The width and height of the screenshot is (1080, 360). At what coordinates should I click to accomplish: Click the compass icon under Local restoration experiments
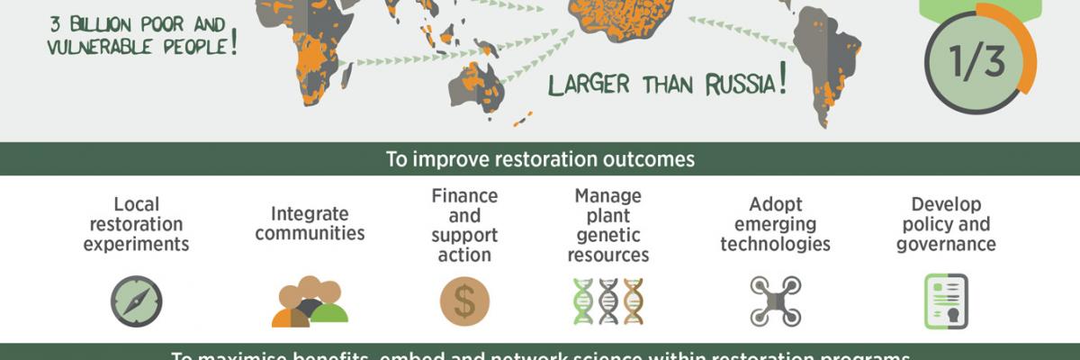[x=137, y=301]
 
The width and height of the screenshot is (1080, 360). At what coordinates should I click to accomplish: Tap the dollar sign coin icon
[x=464, y=301]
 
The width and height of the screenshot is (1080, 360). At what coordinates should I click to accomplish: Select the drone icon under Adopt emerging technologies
[x=775, y=301]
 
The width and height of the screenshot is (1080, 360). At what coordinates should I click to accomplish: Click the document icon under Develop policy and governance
[x=946, y=301]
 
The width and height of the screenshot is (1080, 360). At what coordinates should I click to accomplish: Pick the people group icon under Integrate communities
[x=310, y=302]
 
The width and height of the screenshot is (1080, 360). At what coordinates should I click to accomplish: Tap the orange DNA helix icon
[x=634, y=301]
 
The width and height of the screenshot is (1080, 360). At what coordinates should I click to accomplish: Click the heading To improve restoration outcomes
[x=540, y=160]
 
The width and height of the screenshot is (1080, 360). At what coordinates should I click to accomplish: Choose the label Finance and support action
[x=464, y=225]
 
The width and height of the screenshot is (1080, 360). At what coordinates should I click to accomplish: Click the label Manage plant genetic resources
[x=608, y=225]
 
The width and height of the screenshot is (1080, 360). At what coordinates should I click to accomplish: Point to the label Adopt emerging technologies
[x=775, y=223]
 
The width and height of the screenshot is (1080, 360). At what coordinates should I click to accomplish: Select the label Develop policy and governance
[x=946, y=223]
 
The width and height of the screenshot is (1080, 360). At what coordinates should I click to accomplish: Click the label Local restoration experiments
[x=136, y=223]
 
